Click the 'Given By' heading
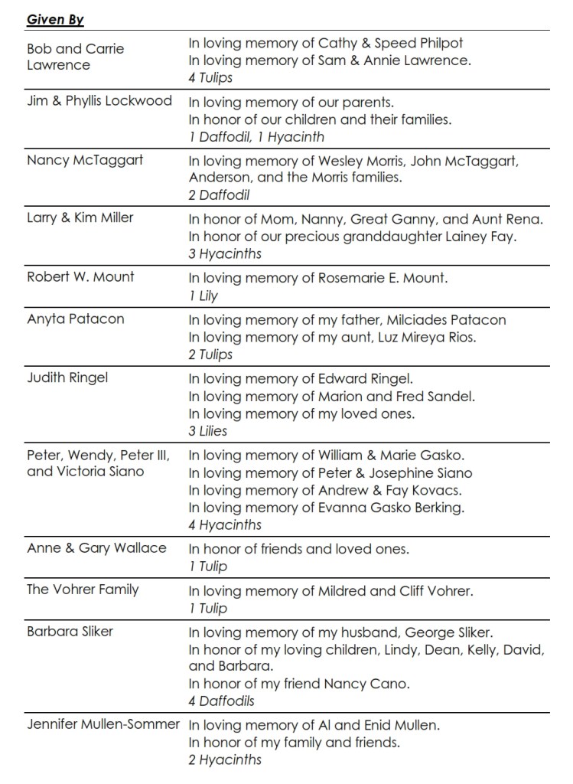(55, 20)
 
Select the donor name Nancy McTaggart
(85, 160)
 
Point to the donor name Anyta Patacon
(75, 318)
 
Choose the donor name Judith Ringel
(67, 377)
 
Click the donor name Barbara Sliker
(70, 631)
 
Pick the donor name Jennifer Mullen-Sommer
(103, 724)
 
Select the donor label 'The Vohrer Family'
(83, 589)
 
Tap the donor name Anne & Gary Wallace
(96, 547)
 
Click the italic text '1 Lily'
(203, 296)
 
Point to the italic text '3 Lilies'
(208, 431)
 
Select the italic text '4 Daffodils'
(222, 701)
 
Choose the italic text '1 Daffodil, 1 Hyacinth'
(256, 137)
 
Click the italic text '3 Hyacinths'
(225, 254)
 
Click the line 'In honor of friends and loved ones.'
(299, 548)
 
